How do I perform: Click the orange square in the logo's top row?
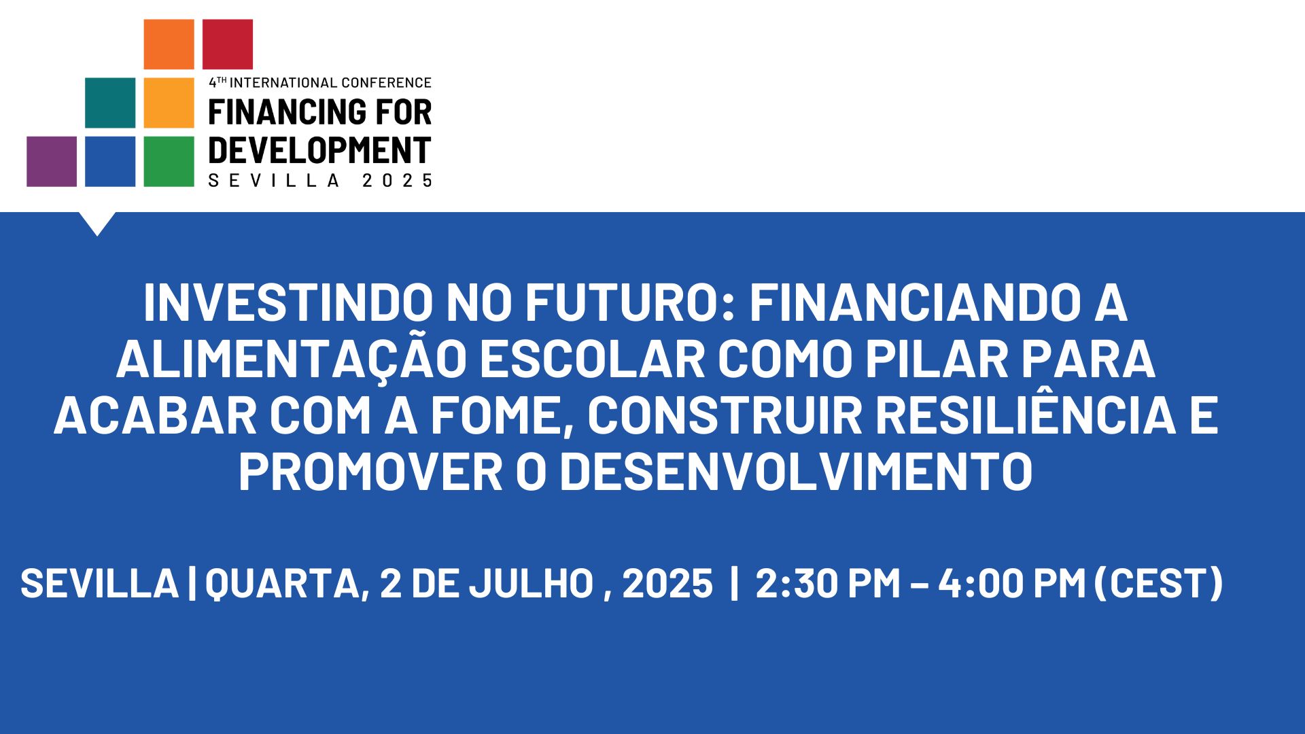(x=169, y=44)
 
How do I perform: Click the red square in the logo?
(x=228, y=44)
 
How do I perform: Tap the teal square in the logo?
(x=110, y=103)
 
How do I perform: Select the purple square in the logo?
(x=52, y=161)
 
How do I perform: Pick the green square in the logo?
(x=169, y=161)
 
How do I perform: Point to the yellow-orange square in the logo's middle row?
(x=169, y=103)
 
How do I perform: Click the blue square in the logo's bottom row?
(x=110, y=161)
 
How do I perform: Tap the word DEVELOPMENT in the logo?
(x=319, y=150)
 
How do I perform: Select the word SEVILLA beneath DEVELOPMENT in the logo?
(x=274, y=180)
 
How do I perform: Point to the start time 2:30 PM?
(x=828, y=584)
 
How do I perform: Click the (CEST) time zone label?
(x=1159, y=584)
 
